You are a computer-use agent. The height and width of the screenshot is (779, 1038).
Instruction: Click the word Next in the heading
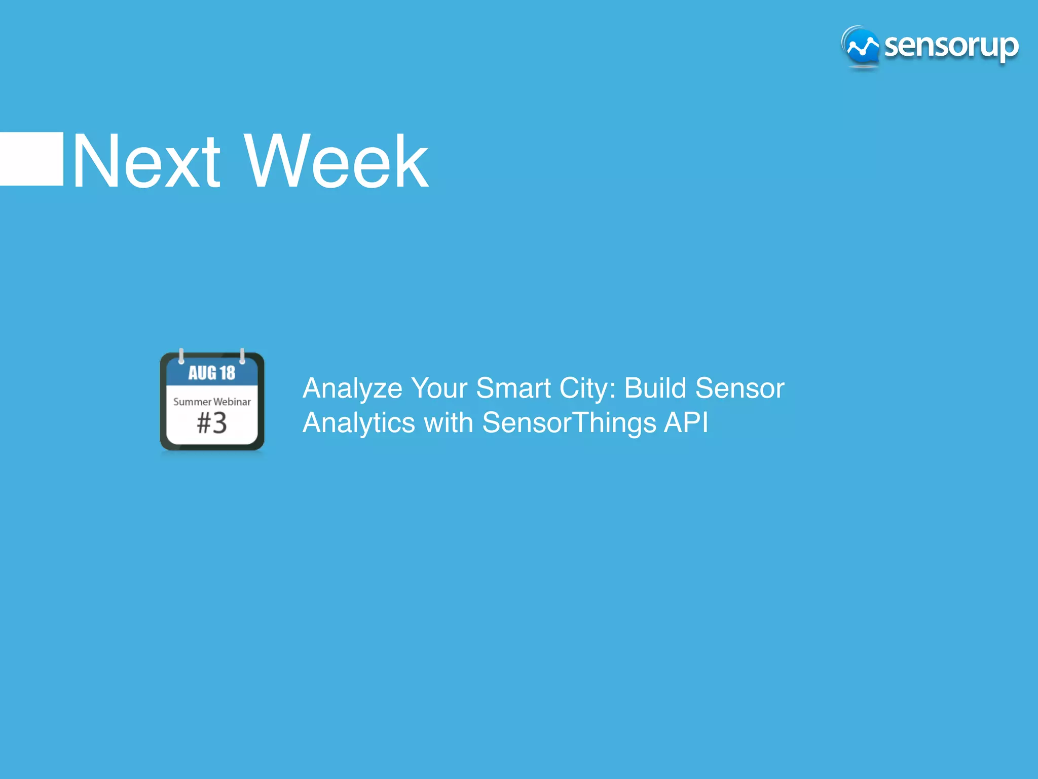point(146,161)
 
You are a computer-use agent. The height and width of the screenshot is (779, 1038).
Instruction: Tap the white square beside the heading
point(31,159)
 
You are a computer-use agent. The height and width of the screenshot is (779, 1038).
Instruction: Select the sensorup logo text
point(951,47)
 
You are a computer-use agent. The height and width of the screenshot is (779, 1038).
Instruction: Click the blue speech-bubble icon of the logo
point(861,47)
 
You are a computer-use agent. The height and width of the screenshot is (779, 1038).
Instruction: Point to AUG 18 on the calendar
point(212,373)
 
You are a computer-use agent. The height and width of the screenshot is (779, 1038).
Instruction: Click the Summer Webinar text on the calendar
point(212,402)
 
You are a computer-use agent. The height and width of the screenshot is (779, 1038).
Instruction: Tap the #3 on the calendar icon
point(212,423)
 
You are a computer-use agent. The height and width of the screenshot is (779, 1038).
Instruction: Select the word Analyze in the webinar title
point(352,389)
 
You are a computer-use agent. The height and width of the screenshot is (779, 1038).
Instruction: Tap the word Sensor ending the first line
point(739,388)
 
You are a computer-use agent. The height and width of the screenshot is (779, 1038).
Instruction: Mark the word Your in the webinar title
point(439,388)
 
